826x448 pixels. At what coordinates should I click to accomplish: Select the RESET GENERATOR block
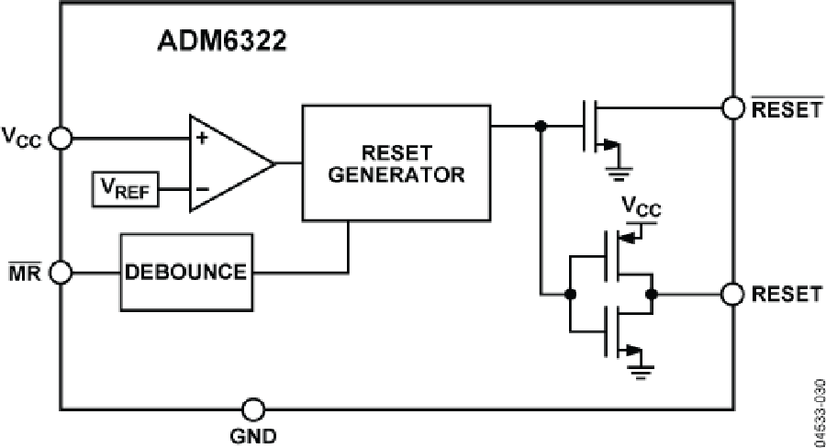click(x=396, y=162)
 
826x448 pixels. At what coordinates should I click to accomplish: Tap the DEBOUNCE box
click(x=185, y=272)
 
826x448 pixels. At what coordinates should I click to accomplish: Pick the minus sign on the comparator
click(x=200, y=191)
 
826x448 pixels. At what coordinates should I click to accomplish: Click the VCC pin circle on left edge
click(x=61, y=139)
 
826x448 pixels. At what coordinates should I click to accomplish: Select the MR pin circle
click(x=61, y=272)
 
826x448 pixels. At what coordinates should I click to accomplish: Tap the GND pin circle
click(x=252, y=409)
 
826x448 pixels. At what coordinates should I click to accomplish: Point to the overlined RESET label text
click(x=786, y=110)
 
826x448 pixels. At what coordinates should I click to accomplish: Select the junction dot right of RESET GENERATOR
click(x=541, y=127)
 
